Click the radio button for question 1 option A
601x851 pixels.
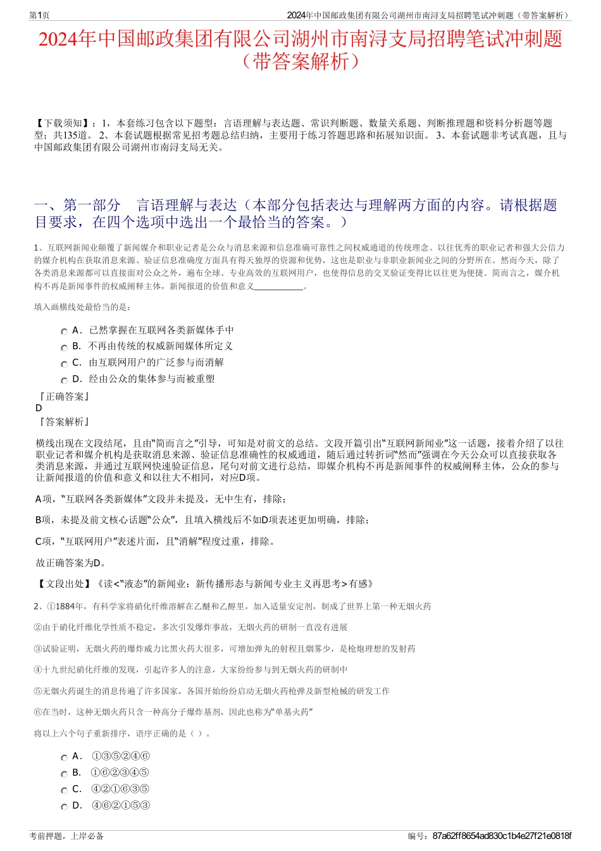point(64,332)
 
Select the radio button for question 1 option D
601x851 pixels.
point(64,380)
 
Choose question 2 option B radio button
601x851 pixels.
point(64,774)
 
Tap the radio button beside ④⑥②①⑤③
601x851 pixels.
point(64,807)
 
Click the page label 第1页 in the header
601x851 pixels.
point(39,15)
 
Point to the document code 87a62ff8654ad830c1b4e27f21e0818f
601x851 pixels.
point(502,836)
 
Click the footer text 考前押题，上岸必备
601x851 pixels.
point(66,836)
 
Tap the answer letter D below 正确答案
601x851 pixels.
point(39,408)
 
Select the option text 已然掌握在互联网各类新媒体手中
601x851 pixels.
point(161,330)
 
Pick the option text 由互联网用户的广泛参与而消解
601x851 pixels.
point(156,363)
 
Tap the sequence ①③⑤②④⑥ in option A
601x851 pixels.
point(120,756)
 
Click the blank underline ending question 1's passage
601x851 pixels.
point(278,287)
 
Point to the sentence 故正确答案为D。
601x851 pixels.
point(71,562)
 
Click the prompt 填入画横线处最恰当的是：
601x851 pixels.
point(82,307)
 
